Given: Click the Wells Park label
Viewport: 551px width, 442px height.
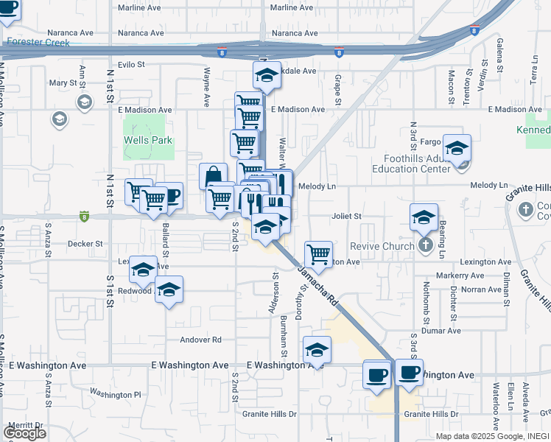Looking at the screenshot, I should [x=148, y=140].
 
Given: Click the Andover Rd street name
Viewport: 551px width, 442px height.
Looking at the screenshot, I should [x=201, y=340].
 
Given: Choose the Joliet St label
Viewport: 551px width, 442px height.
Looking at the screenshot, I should [x=346, y=217].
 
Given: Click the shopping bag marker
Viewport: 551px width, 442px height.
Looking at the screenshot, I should [x=213, y=177].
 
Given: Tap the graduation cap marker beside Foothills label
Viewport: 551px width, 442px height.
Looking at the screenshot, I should [x=457, y=148].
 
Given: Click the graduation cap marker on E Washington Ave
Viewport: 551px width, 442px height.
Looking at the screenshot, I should [x=317, y=350].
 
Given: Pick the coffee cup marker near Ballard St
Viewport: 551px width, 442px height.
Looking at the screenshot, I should [x=169, y=196].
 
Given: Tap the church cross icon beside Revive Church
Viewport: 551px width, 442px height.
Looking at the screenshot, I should [x=425, y=245].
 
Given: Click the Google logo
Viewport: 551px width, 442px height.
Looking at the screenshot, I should [x=24, y=432].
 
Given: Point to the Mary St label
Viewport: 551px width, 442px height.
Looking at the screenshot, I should [x=58, y=83].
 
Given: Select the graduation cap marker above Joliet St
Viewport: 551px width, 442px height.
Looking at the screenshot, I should [x=424, y=217].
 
